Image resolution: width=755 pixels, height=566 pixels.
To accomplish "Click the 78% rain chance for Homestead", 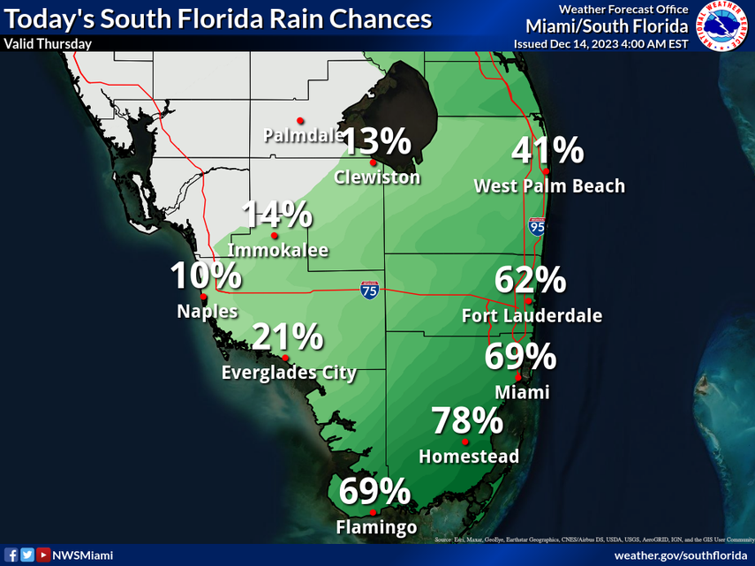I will click(x=467, y=420).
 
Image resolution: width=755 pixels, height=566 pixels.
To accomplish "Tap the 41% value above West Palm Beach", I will click(x=547, y=150).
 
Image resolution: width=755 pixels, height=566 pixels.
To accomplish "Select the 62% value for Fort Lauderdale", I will click(x=530, y=280).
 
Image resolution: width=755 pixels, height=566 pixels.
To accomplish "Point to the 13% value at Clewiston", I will click(x=376, y=141).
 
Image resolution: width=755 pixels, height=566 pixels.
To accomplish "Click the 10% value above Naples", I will click(x=206, y=275).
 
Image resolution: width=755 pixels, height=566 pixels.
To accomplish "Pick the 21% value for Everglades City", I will click(x=288, y=336).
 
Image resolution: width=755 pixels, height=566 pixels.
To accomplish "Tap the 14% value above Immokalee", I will click(x=277, y=215).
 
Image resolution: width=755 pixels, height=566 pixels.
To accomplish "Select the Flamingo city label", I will click(x=376, y=528).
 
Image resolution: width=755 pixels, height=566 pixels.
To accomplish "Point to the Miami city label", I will click(x=522, y=391).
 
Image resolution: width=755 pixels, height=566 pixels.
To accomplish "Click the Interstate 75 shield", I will click(x=370, y=291).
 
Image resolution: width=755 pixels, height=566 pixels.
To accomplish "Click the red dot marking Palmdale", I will click(x=300, y=120).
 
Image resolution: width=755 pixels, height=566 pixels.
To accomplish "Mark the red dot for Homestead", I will click(x=464, y=441).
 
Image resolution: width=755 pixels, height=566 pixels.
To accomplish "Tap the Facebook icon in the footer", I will click(x=11, y=555).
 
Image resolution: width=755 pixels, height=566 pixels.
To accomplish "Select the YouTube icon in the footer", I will click(x=42, y=555).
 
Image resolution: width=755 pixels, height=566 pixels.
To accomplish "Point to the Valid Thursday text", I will click(x=48, y=43).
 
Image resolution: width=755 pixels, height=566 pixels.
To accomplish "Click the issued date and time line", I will click(x=600, y=43).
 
